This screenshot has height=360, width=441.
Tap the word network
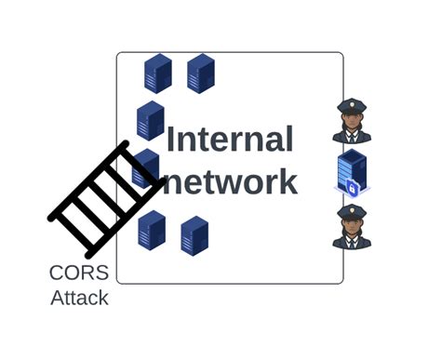tap(230, 180)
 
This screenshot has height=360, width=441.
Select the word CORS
tap(79, 273)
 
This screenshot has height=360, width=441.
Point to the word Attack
tap(79, 299)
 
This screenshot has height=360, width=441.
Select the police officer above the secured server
tap(352, 121)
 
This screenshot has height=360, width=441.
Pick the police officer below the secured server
tap(352, 227)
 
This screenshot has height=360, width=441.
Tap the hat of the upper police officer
tap(352, 107)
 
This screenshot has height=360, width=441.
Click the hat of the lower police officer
tap(352, 213)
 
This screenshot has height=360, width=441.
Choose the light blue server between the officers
tap(352, 174)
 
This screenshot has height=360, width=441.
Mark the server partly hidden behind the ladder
tap(146, 168)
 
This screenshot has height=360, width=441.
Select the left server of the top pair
tap(158, 73)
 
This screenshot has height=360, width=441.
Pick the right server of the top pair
tap(201, 73)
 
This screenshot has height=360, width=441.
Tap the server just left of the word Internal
tap(151, 121)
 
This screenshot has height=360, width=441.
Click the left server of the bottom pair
tap(152, 230)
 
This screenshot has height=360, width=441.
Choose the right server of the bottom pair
tap(194, 235)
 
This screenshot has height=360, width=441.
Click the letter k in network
tap(286, 180)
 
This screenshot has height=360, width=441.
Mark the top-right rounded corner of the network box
tap(340, 57)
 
